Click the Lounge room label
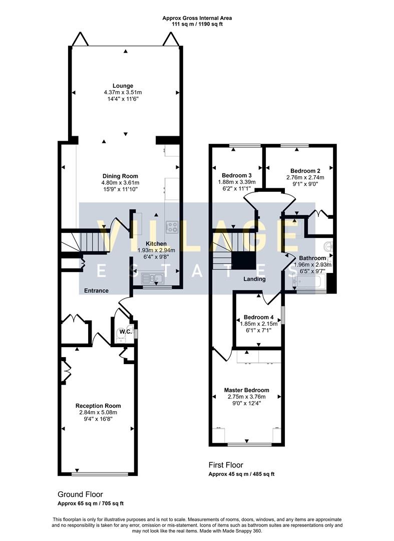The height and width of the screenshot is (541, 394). tap(123, 86)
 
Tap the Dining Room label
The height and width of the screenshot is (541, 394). tap(120, 176)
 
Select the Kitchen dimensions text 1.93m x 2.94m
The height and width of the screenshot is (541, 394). tap(156, 250)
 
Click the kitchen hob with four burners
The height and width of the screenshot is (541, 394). tap(172, 226)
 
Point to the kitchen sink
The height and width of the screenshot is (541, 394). tap(151, 278)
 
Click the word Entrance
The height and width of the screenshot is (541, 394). tap(96, 291)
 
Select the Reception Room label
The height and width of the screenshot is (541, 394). tap(98, 406)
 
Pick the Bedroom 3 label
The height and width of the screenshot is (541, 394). tap(236, 175)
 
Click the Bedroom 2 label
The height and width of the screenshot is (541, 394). tap(305, 170)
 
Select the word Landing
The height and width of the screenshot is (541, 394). tap(254, 279)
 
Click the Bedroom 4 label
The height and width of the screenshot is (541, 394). tap(258, 318)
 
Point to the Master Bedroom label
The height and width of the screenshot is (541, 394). tap(246, 390)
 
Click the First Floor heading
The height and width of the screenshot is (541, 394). tap(226, 465)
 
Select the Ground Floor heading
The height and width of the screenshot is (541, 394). tap(80, 494)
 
